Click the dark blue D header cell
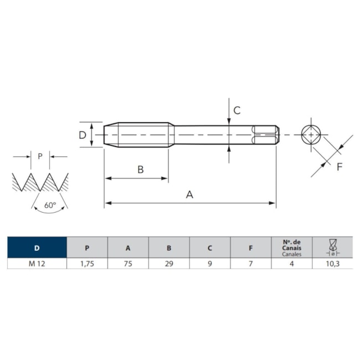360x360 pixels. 37,248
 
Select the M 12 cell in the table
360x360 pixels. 37,264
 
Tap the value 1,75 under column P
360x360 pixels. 87,264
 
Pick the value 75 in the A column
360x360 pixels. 128,264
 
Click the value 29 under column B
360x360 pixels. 169,264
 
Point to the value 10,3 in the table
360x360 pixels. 332,264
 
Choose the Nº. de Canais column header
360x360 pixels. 291,248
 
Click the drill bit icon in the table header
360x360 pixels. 332,247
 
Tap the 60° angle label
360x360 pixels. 50,205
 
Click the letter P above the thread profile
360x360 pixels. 40,156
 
